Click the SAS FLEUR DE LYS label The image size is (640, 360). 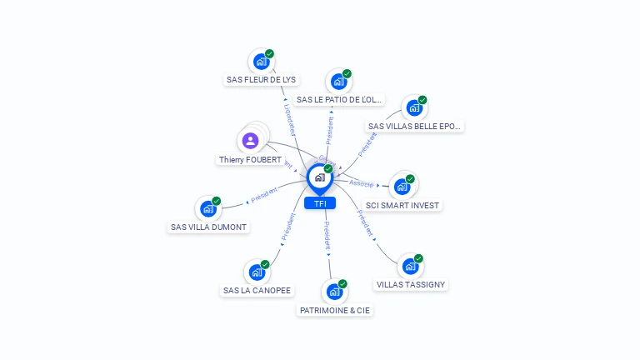[x=261, y=80]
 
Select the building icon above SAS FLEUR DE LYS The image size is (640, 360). [x=261, y=62]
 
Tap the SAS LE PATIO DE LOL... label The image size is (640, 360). [x=339, y=100]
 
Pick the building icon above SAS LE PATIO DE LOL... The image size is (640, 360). [x=338, y=82]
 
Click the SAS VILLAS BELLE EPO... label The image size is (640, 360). [x=414, y=127]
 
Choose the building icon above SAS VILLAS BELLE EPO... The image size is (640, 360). [x=413, y=108]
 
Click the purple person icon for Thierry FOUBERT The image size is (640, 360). [x=250, y=140]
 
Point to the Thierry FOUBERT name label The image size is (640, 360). [x=250, y=159]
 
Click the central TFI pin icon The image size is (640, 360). [x=319, y=177]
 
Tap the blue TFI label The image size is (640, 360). [x=319, y=203]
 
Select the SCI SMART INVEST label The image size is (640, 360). [x=403, y=205]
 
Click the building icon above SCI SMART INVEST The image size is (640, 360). [x=402, y=187]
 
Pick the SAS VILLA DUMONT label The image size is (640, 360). [x=209, y=227]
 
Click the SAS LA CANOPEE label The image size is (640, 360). [x=257, y=291]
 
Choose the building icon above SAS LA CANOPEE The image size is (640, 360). [x=256, y=272]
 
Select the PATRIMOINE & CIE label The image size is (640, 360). [x=334, y=311]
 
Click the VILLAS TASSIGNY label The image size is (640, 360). [x=411, y=284]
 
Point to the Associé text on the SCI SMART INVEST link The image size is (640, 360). [x=362, y=183]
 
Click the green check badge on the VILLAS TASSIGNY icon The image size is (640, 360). [x=418, y=258]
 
